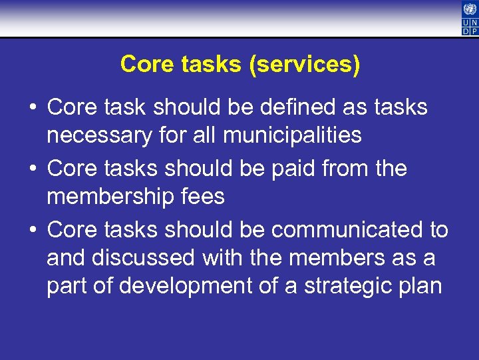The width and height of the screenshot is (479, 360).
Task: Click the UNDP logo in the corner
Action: pos(469,18)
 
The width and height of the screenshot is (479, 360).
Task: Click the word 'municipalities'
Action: pos(292,136)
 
